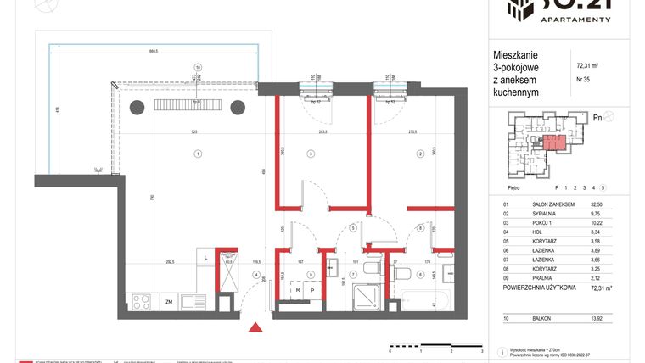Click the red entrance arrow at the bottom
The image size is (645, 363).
click(x=252, y=327)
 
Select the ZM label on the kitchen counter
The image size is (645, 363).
click(x=169, y=301)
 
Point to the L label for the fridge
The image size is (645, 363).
click(x=206, y=257)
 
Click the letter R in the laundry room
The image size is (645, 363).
click(x=298, y=289)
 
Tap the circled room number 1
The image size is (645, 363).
click(x=197, y=154)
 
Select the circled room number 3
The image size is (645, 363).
click(x=311, y=154)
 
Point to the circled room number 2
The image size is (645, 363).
click(x=419, y=154)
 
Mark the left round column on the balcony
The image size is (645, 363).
click(x=136, y=107)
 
